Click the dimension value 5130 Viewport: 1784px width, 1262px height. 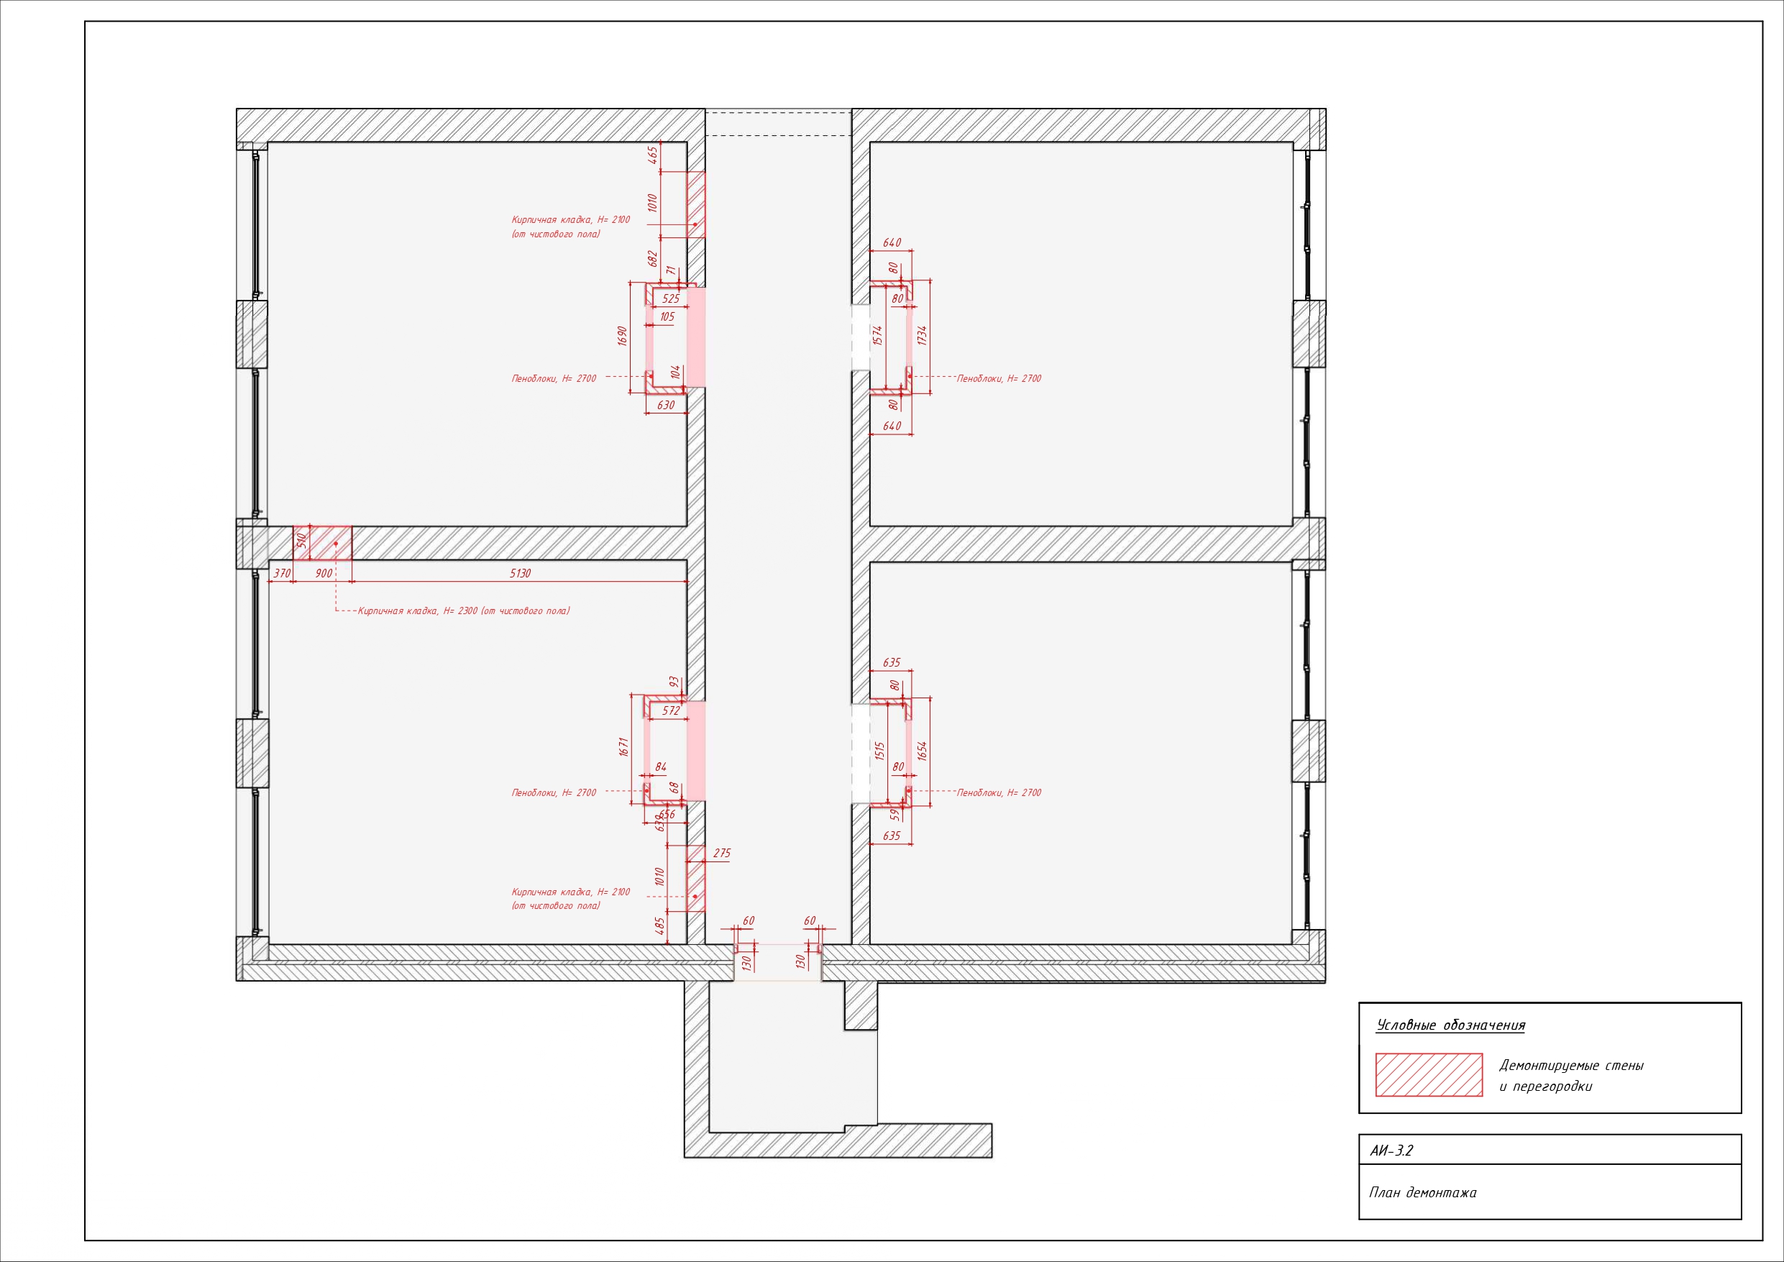(520, 574)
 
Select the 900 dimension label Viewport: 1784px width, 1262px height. (324, 574)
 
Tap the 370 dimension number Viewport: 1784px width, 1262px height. (282, 574)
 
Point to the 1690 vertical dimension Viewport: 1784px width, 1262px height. (621, 336)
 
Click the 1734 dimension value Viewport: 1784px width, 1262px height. (923, 336)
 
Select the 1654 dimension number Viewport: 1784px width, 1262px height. (923, 751)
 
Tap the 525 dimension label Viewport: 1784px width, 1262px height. (671, 298)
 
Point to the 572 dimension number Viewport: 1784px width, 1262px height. (672, 710)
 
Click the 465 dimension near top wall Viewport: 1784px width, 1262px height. (653, 155)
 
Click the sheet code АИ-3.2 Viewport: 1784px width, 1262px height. (1391, 1151)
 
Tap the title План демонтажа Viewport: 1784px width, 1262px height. (1423, 1192)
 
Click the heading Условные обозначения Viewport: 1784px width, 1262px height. (1450, 1025)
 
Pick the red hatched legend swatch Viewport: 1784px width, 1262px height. (1429, 1075)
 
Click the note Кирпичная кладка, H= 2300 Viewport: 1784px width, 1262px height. (418, 611)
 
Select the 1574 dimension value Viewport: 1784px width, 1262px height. (878, 335)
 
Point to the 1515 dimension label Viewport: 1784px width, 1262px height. (879, 751)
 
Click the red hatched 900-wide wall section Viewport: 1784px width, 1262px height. (322, 542)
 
